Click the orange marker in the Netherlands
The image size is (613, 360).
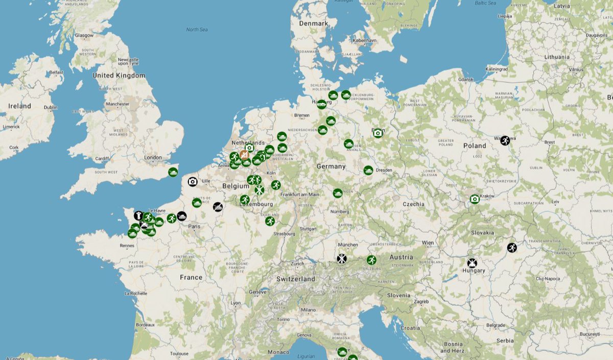245,154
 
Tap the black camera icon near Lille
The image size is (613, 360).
193,181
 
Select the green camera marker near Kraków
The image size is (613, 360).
475,199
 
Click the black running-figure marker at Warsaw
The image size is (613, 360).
505,140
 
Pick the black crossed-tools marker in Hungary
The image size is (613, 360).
472,263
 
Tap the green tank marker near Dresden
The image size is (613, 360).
368,170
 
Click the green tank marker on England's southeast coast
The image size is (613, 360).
173,172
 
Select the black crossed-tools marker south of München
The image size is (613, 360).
342,258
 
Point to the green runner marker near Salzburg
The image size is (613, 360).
371,260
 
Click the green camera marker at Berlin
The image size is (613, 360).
378,133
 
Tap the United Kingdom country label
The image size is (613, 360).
119,76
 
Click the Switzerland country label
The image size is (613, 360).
296,279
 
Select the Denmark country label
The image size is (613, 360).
314,23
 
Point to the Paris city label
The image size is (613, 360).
195,226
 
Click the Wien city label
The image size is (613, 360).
428,243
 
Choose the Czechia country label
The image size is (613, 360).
413,204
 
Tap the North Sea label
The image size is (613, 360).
197,30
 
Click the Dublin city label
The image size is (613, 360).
51,107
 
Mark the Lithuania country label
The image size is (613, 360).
557,57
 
